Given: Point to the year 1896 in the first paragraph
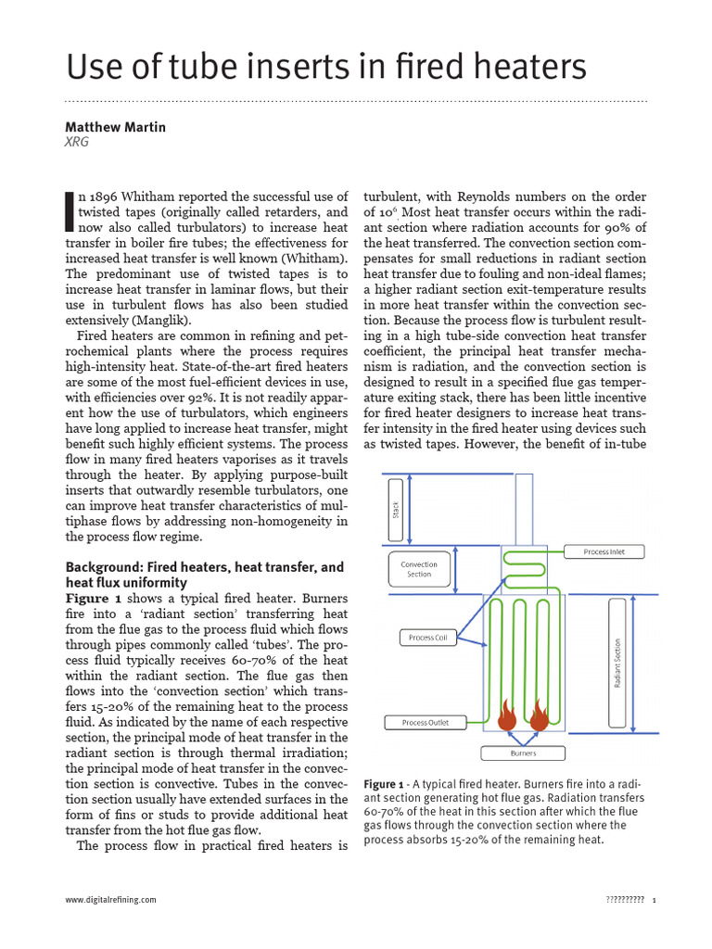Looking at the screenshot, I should pyautogui.click(x=113, y=196).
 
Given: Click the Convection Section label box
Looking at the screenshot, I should pyautogui.click(x=419, y=569).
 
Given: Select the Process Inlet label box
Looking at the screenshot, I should pyautogui.click(x=604, y=551).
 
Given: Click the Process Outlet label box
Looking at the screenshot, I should pyautogui.click(x=426, y=722).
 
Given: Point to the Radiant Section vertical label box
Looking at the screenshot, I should pyautogui.click(x=617, y=662).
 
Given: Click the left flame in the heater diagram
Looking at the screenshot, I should pyautogui.click(x=507, y=715).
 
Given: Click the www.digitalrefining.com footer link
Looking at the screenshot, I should pyautogui.click(x=110, y=900).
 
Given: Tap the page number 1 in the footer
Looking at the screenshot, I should pyautogui.click(x=655, y=900).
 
